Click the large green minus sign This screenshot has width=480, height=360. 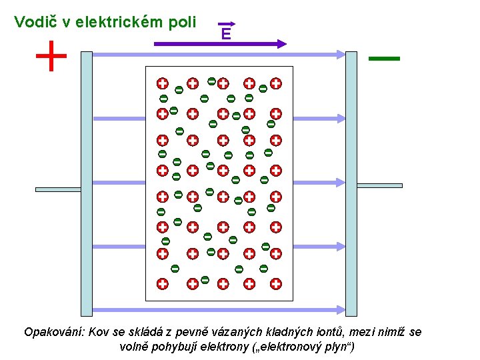(384, 59)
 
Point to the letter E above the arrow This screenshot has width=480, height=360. (227, 33)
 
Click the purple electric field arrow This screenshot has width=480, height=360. (220, 44)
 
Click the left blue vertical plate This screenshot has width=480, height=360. (86, 183)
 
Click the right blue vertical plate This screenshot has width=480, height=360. (351, 183)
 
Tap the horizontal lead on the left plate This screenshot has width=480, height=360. (58, 189)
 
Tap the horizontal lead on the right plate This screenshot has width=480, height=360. (379, 185)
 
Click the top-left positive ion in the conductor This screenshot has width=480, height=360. (162, 84)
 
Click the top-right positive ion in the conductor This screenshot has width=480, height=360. (275, 84)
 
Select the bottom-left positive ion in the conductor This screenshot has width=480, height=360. (162, 283)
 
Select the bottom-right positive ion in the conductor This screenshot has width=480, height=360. (275, 283)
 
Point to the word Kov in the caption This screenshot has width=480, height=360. (98, 332)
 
